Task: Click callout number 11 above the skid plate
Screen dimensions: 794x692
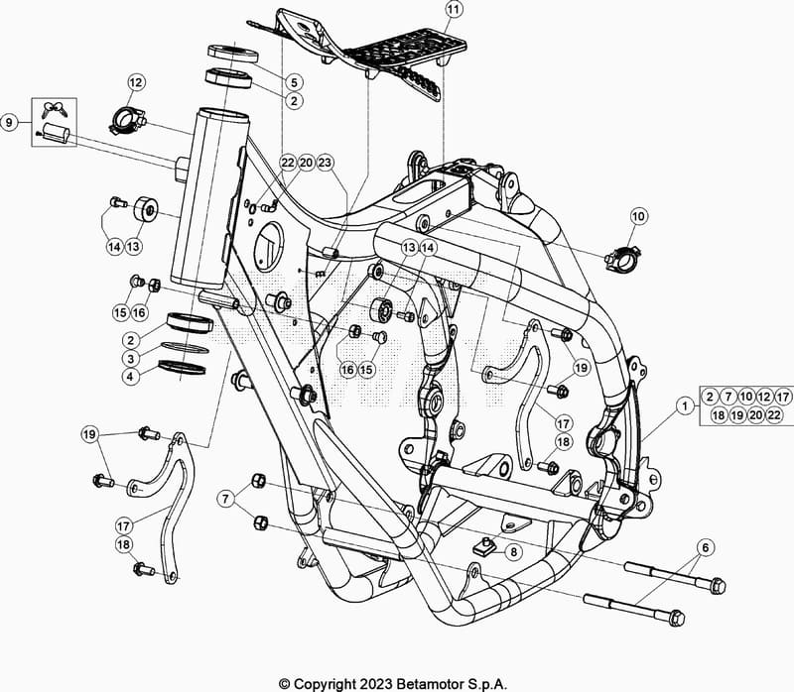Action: pos(455,9)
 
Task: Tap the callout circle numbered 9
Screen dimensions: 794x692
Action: pos(9,122)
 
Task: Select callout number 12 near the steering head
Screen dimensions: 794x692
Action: pos(136,82)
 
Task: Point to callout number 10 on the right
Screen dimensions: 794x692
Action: pos(638,216)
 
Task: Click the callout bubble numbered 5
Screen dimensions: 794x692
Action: pos(294,82)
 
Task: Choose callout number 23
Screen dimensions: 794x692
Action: pos(325,163)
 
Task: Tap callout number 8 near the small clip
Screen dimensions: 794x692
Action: pos(513,552)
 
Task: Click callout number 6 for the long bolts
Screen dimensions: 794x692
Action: pos(706,547)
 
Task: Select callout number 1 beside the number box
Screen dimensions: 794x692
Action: pos(685,405)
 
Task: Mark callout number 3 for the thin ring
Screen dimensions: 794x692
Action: pos(131,359)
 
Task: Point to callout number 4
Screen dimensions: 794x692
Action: pos(131,377)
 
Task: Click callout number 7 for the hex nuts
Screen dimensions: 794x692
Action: pos(225,500)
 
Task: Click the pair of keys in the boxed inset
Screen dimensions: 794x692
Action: pos(55,109)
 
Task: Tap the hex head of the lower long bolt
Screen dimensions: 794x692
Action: pos(677,619)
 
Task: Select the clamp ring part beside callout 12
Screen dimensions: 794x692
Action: pos(127,121)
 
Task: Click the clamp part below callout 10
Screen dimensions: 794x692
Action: pos(623,258)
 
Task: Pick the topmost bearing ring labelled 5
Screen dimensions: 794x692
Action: pos(233,54)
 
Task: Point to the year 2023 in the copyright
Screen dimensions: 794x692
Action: pos(376,684)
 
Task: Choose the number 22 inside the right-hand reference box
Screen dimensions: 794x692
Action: pos(774,415)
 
